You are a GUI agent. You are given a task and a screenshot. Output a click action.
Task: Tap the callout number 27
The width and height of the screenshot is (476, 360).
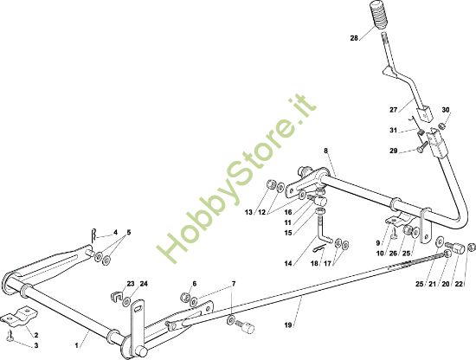coord(394,110)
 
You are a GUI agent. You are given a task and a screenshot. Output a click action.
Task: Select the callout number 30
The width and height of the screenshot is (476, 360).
coord(446,110)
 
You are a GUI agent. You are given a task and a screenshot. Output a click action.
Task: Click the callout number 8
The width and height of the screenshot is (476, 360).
coord(325,151)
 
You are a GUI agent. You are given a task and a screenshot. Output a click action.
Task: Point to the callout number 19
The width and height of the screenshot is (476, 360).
coord(288,325)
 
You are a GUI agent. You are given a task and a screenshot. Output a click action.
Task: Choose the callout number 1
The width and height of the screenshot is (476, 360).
coord(77,345)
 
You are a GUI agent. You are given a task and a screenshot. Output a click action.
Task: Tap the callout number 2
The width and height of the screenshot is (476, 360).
coord(36,335)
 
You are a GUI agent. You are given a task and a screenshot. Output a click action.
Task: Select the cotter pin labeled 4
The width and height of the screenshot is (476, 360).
coord(94,235)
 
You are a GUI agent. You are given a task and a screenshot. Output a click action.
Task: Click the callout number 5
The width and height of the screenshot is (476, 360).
coord(129,233)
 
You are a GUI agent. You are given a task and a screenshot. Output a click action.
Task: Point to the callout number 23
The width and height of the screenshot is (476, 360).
coord(131,284)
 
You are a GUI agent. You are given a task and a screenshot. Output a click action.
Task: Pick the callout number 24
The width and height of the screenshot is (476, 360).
coord(144,284)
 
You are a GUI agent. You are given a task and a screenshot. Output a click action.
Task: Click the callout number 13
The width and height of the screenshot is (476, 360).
coord(248,212)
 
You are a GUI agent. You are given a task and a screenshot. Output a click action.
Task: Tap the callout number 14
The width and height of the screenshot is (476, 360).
coord(288,263)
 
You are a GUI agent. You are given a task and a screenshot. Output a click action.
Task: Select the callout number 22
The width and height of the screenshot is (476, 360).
coord(459,284)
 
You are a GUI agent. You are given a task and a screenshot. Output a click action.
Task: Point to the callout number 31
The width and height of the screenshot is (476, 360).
coord(394,130)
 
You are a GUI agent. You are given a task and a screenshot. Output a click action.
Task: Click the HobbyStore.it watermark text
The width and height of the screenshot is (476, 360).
coord(237,181)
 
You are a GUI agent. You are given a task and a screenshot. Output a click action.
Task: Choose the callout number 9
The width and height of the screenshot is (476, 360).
coord(378,243)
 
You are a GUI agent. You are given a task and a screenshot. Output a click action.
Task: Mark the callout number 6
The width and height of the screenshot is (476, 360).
coord(194,284)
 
